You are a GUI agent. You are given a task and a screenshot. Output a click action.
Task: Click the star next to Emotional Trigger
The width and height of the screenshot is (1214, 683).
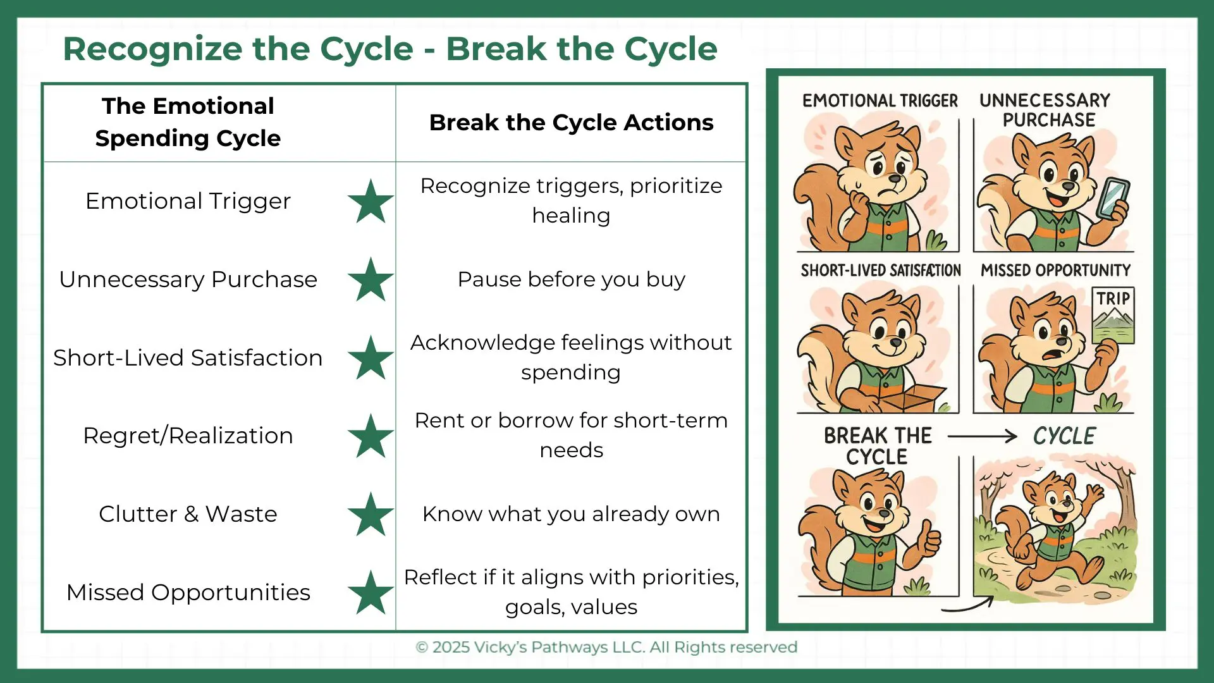[x=371, y=201]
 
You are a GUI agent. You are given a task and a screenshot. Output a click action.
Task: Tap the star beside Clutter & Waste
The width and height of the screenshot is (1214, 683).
[x=371, y=514]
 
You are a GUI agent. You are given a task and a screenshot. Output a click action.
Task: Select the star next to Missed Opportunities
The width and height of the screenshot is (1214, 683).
[x=371, y=593]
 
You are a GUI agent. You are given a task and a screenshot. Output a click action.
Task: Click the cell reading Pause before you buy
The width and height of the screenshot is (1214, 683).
[x=571, y=280]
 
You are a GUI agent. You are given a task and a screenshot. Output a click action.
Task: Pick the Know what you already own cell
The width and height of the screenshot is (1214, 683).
[x=571, y=514]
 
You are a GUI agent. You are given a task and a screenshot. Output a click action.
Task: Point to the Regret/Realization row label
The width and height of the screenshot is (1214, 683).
[x=188, y=436]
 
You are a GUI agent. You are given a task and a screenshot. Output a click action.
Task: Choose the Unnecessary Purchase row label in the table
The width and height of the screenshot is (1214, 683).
[x=188, y=280]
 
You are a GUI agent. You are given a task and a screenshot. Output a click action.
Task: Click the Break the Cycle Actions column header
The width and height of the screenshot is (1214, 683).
[x=571, y=123]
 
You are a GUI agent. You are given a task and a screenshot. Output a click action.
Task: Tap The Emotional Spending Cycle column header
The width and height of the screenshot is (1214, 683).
[x=188, y=122]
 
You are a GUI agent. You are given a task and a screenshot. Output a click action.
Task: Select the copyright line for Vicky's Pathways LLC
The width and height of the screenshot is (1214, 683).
[x=606, y=648]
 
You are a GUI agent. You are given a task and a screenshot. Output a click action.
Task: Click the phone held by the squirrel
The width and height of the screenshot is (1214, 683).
[x=1112, y=199]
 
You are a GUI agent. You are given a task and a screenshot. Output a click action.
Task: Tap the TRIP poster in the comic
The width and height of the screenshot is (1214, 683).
[x=1113, y=315]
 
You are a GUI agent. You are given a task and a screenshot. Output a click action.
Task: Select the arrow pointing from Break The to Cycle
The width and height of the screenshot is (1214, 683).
[x=982, y=436]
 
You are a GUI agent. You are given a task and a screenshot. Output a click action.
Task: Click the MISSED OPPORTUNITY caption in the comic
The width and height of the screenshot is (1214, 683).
[x=1055, y=271]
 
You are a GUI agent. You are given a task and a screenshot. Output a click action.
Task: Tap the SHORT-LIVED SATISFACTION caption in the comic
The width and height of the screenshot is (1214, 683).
[x=881, y=271]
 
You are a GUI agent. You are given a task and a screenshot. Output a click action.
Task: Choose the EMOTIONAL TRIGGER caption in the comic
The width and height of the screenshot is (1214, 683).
[x=880, y=101]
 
